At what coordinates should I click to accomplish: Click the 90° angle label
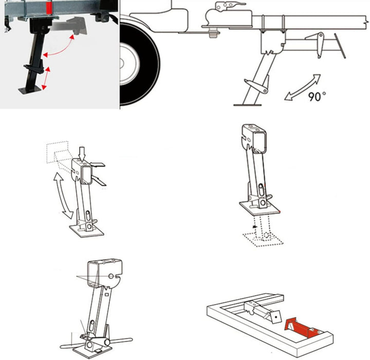[x=317, y=96]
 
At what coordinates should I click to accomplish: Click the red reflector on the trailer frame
[x=49, y=9]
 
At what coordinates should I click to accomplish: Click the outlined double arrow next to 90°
[x=303, y=87]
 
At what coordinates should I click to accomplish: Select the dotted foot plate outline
[x=263, y=239]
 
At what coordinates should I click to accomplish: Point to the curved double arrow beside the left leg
[x=63, y=195]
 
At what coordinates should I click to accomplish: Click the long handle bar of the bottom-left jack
[x=96, y=343]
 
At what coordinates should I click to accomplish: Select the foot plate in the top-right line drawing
[x=260, y=208]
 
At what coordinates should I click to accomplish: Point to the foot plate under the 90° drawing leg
[x=247, y=104]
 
